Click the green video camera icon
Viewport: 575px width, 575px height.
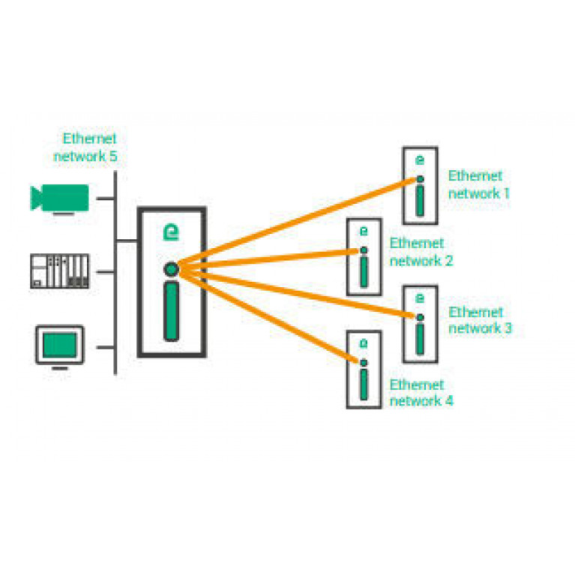59,199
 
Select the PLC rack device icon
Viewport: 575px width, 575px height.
59,271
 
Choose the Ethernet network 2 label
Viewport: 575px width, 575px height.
421,252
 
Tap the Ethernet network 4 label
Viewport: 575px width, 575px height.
421,393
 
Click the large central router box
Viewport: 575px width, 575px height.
172,281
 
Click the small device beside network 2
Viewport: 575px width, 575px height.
364,256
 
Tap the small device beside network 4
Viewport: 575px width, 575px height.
364,369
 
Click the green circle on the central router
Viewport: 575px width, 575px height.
172,268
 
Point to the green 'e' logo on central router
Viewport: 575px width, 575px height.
171,232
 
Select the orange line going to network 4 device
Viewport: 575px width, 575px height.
270,316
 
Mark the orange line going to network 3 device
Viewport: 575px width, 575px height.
300,293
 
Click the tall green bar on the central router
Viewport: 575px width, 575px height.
172,310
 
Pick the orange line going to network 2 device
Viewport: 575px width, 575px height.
270,258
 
